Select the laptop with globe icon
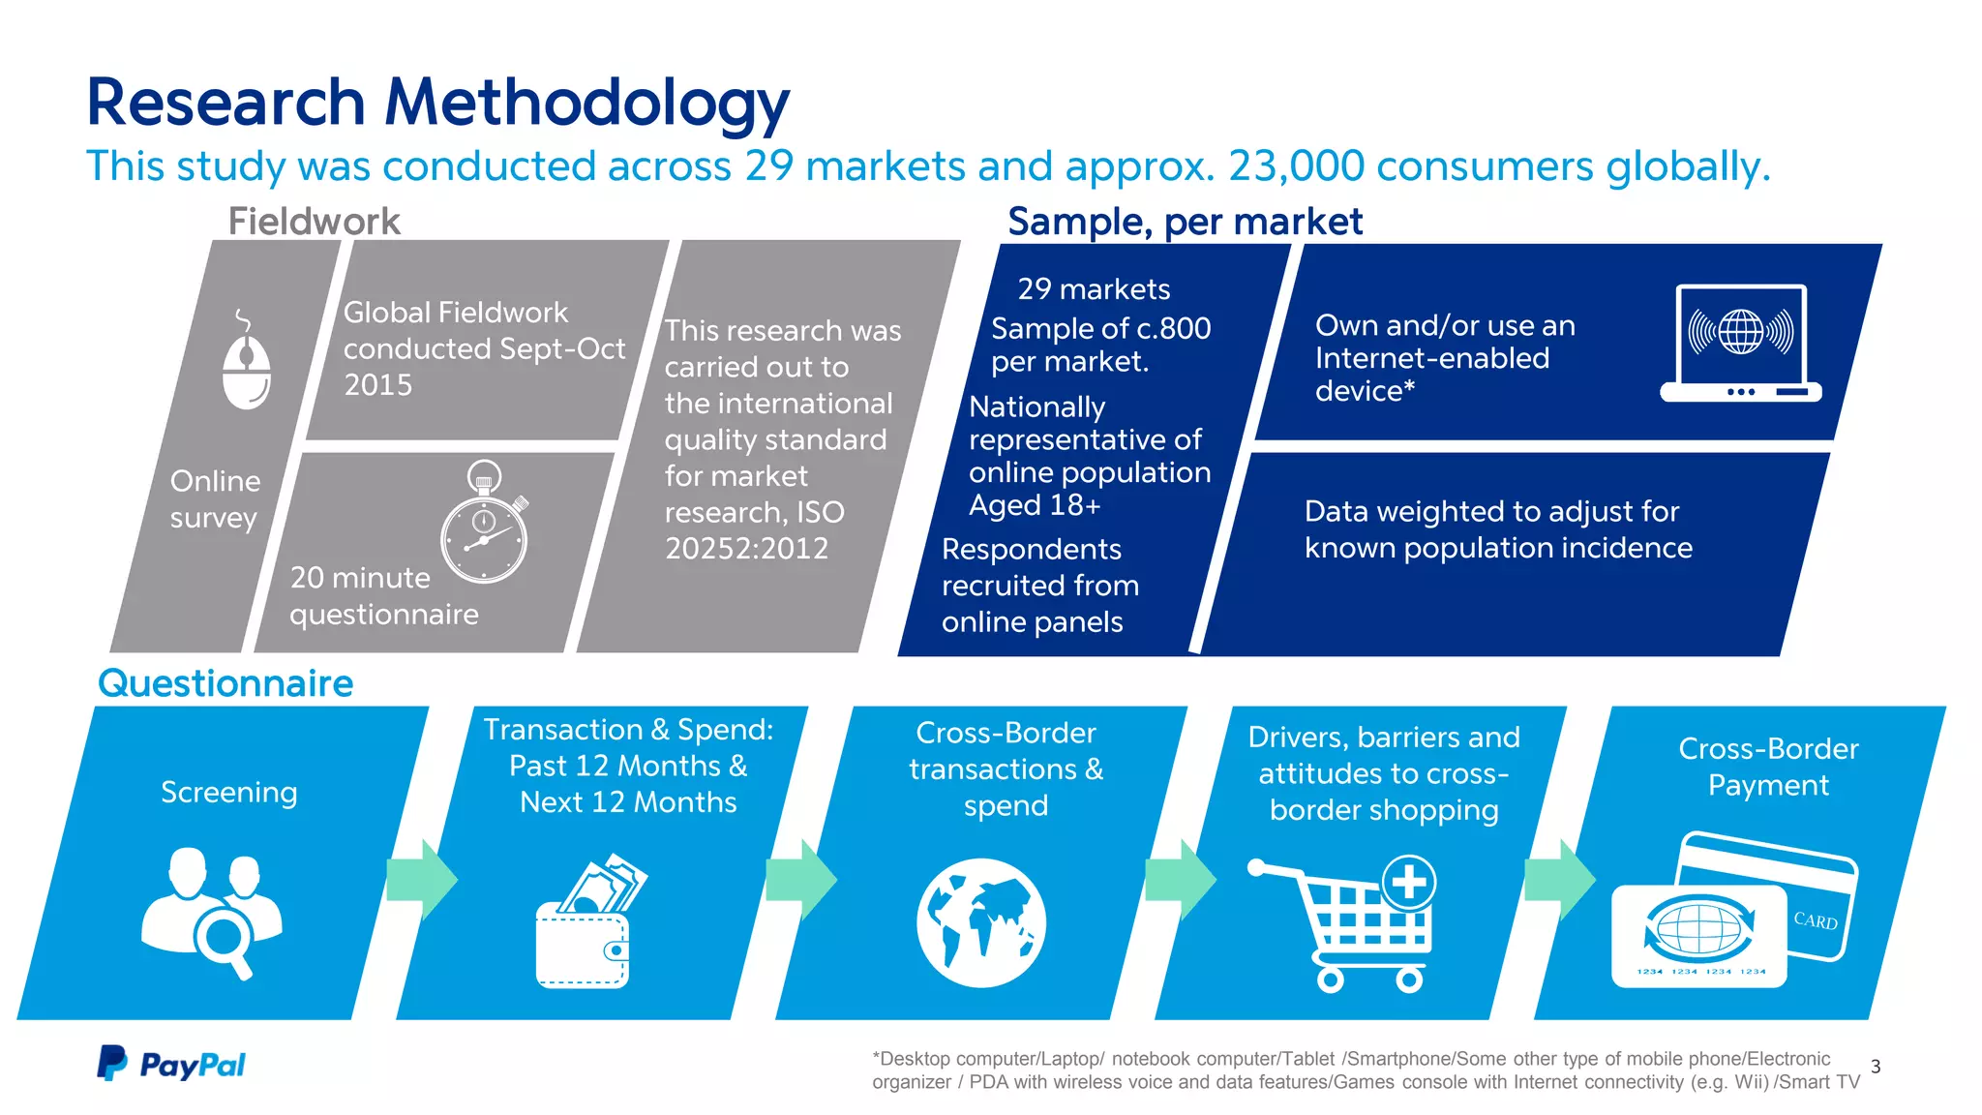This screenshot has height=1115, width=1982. click(x=1740, y=344)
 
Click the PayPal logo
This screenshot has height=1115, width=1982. click(x=171, y=1064)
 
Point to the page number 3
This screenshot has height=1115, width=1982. click(x=1876, y=1067)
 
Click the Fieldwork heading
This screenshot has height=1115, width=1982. click(x=314, y=222)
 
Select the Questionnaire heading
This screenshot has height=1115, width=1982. click(x=225, y=683)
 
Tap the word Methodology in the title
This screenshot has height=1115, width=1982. click(x=586, y=103)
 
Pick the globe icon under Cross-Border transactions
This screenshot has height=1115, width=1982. click(x=981, y=922)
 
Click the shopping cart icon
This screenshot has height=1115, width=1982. click(x=1350, y=924)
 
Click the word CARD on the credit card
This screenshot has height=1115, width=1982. click(x=1816, y=920)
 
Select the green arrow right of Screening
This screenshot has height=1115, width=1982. click(x=422, y=879)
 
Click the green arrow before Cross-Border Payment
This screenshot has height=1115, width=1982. click(x=1559, y=879)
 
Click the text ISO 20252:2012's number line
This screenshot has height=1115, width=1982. click(x=746, y=549)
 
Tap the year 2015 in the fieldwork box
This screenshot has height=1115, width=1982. click(x=378, y=385)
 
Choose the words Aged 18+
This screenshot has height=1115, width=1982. click(x=1035, y=505)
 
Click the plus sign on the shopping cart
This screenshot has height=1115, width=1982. click(x=1409, y=882)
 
